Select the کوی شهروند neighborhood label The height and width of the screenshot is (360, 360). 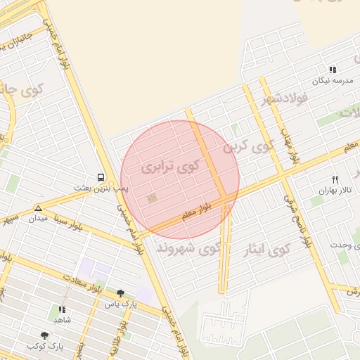[x=188, y=248]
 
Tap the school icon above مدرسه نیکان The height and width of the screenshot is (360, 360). [x=333, y=70]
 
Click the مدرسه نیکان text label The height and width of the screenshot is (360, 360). [x=333, y=81]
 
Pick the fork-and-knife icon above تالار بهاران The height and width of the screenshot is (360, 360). [x=335, y=180]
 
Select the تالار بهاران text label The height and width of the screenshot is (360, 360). [x=335, y=191]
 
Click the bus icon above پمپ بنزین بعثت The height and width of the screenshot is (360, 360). [x=101, y=178]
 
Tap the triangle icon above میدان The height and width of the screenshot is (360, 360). [x=38, y=208]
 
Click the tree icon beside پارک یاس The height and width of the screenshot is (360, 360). [x=120, y=293]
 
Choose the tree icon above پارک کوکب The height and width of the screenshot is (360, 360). [x=45, y=336]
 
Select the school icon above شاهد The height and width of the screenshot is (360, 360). [x=62, y=309]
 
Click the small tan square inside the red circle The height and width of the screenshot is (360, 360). [x=150, y=200]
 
